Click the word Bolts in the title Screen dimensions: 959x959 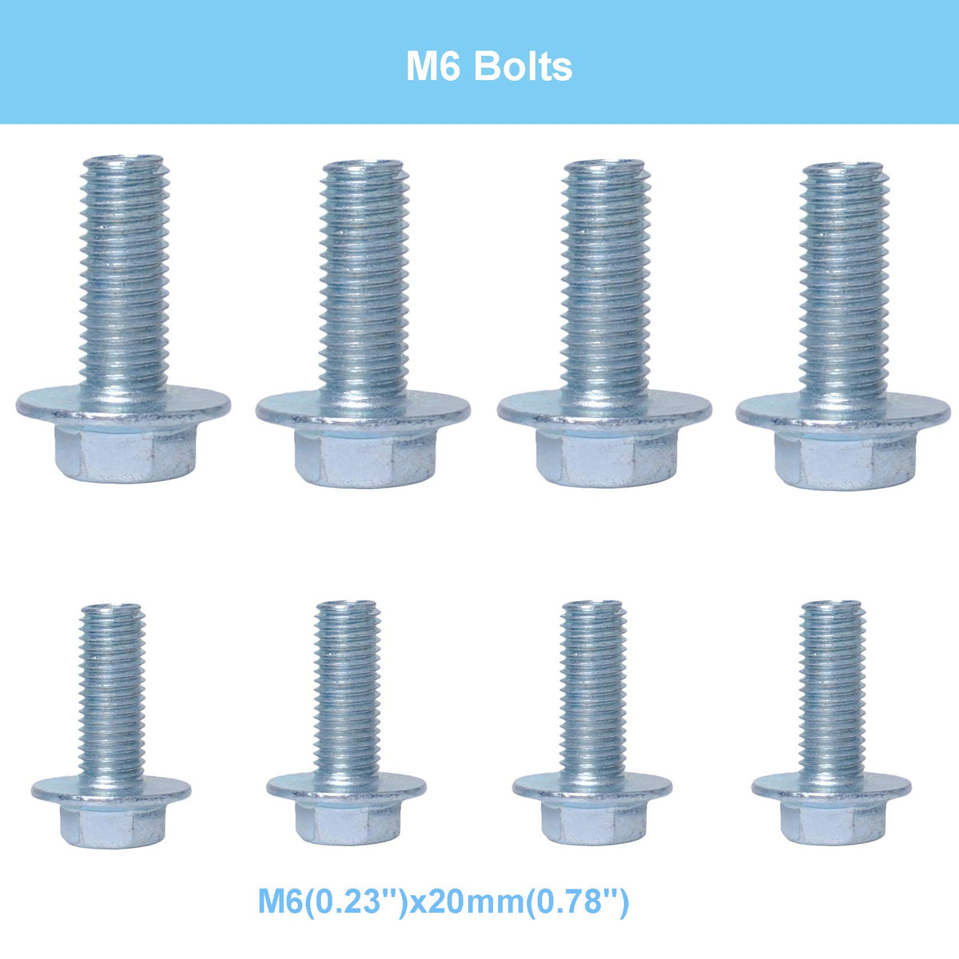click(x=523, y=66)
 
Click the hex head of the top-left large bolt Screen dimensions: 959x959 click(x=125, y=454)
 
